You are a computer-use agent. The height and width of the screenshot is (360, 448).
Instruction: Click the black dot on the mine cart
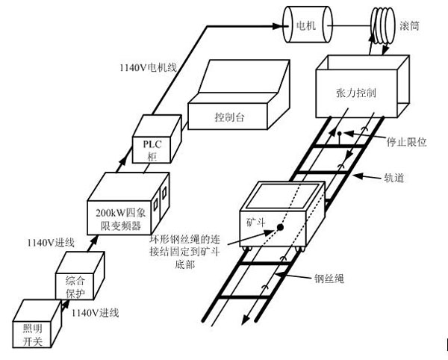click(279, 227)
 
